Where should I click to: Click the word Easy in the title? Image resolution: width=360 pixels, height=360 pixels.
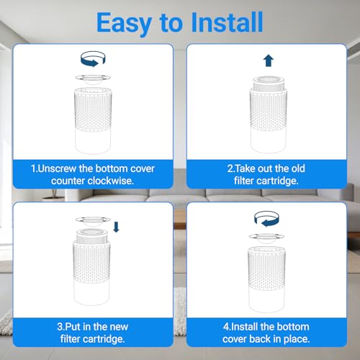point(124,24)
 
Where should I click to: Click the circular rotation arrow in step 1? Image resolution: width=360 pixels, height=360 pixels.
point(93,59)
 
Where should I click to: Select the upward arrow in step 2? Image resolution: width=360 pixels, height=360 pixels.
point(269,60)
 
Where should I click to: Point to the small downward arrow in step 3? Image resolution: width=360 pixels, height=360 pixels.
point(116,227)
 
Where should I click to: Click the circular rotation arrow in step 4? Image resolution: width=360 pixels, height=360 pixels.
point(266,219)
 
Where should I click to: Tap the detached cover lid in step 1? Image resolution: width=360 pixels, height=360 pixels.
point(93,80)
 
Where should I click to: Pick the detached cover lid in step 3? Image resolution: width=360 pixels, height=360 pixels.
point(93,222)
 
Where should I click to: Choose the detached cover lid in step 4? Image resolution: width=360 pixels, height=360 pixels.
point(266,238)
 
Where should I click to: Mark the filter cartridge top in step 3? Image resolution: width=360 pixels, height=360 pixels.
point(91,235)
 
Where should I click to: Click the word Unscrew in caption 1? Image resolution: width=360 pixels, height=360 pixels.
point(57,168)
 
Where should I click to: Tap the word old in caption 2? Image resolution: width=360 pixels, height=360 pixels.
point(298,168)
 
